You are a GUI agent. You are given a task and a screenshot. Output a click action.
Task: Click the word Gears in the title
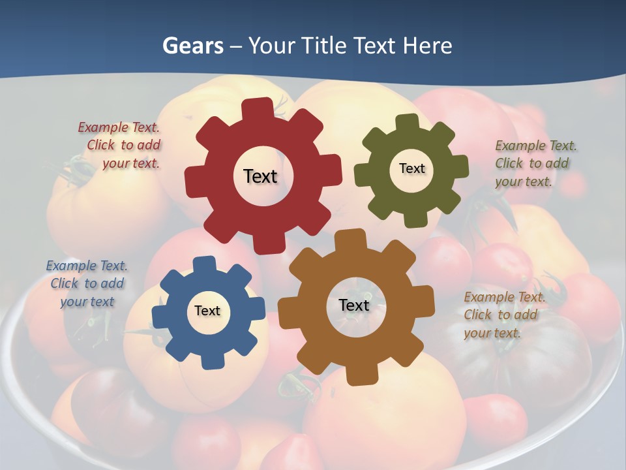(x=192, y=46)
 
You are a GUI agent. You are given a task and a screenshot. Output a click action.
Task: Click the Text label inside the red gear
(x=260, y=176)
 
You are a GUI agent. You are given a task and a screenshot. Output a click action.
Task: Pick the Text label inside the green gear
(x=411, y=168)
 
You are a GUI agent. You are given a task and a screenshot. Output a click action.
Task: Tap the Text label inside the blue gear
(x=207, y=311)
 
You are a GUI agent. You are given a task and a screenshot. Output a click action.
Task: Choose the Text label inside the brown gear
(x=354, y=305)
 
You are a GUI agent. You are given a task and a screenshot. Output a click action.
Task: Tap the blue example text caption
(x=87, y=283)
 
